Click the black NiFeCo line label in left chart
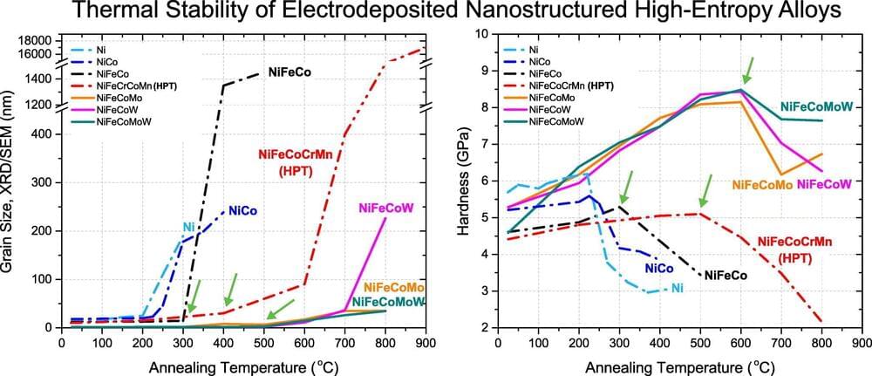290,72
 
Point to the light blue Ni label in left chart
188,228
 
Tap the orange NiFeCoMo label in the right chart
761,185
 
